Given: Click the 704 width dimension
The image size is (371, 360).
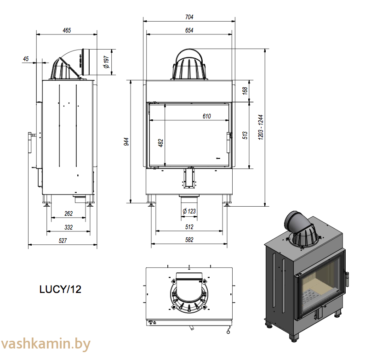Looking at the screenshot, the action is click(189, 17).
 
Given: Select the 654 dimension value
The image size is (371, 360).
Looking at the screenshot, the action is click(189, 30).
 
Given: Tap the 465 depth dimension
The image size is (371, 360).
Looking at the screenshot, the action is click(67, 30).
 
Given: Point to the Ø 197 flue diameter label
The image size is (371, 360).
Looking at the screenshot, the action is click(107, 62).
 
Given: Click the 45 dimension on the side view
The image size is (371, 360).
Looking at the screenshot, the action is click(26, 59).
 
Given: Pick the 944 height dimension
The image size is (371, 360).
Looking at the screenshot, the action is click(126, 141).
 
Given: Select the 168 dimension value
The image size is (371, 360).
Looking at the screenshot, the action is click(245, 91).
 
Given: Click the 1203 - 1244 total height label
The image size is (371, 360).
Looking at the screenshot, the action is click(261, 127).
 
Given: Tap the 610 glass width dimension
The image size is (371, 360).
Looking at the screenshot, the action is click(206, 116).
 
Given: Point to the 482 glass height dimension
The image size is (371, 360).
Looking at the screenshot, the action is click(160, 143).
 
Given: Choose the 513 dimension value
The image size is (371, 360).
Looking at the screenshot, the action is click(245, 135).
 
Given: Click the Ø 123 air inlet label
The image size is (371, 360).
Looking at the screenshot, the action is click(189, 211).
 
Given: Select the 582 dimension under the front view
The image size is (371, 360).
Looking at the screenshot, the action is click(189, 240).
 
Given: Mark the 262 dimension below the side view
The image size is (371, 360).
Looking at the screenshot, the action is click(68, 214).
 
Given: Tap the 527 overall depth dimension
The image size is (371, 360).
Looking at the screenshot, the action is click(63, 241).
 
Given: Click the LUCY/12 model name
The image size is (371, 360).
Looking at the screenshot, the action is click(60, 289).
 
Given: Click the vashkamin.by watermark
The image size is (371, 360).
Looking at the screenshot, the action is click(46, 344).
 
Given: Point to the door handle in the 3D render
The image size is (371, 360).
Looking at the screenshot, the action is click(347, 279).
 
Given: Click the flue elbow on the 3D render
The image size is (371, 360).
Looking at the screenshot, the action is click(296, 223).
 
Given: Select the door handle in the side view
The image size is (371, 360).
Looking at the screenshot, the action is click(30, 142).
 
